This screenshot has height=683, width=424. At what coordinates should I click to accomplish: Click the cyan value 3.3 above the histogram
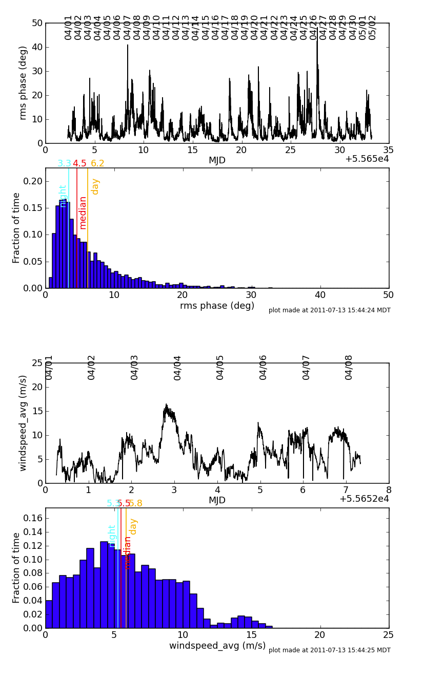coord(64,164)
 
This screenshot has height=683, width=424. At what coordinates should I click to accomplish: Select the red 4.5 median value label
coord(79,164)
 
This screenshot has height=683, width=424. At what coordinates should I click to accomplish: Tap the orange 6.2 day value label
coord(97,164)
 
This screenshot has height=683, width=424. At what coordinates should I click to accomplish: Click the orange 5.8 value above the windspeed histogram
coord(135,504)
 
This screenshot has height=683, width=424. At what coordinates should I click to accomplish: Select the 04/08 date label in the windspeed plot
coord(349,367)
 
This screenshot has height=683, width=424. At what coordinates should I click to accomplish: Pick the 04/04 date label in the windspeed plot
coord(178,367)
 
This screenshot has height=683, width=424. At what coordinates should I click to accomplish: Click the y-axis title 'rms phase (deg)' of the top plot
coord(23,83)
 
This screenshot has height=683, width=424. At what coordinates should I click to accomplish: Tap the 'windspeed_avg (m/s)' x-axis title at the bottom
coord(217,646)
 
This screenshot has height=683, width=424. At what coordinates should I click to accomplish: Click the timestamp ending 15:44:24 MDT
coord(329,310)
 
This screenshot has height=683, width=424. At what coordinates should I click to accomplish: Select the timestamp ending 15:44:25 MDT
coord(329,650)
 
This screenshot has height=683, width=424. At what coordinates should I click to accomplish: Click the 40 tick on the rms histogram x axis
coord(320,295)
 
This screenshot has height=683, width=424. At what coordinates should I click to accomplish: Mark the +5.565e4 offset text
coord(367,159)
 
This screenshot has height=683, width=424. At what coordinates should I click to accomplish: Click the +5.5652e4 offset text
coord(364,499)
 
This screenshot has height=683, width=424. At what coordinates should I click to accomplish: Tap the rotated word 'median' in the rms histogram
coord(83,212)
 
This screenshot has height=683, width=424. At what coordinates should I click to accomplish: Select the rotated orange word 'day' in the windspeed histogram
coord(133,526)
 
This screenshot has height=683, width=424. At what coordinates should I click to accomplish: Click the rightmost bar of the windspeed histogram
coord(269,627)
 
